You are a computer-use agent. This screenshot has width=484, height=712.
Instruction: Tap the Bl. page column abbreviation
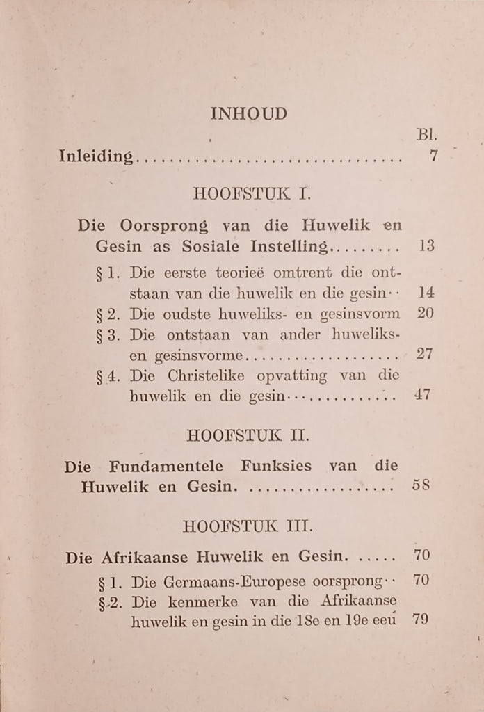click(x=426, y=134)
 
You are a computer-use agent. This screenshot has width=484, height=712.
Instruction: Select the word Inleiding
click(x=96, y=156)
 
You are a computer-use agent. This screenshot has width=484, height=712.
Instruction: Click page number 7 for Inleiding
click(x=435, y=156)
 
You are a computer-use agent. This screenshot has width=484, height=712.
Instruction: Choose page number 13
click(x=427, y=246)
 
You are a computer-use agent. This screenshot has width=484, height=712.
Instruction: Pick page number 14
click(x=427, y=293)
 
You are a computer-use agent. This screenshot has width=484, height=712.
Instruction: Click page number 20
click(x=426, y=313)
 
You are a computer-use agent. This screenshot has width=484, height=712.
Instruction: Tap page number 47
click(x=423, y=396)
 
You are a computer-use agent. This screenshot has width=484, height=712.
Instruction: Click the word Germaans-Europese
click(x=239, y=581)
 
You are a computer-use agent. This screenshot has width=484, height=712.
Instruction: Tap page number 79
click(x=420, y=618)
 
